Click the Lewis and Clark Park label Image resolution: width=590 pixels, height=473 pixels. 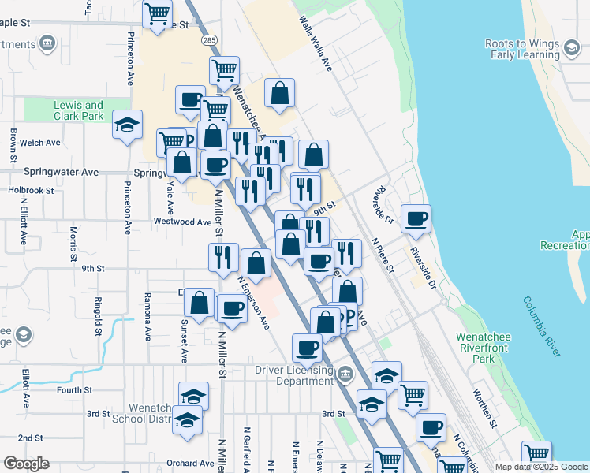[78, 110]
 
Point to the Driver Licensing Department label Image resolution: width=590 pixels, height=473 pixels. [293, 374]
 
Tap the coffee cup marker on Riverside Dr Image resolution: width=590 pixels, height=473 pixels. [416, 219]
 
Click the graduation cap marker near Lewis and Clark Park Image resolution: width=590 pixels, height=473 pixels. [127, 126]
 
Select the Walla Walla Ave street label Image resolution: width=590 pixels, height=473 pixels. [316, 46]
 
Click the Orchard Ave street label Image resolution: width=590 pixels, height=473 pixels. [191, 464]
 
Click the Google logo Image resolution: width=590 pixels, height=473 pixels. [26, 464]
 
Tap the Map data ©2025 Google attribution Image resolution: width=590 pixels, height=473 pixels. [541, 467]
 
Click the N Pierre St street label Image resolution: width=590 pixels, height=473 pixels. [382, 257]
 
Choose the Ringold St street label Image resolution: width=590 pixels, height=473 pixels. [98, 315]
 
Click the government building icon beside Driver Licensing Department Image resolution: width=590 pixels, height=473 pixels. [345, 373]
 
